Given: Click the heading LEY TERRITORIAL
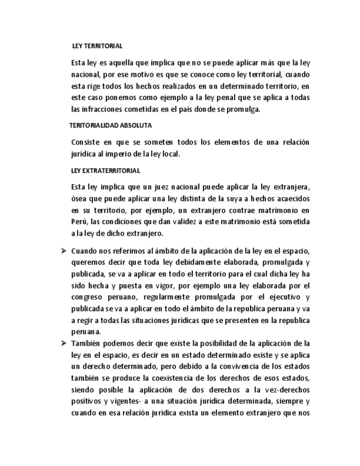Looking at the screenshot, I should [97, 46].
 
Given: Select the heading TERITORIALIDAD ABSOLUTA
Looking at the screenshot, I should [110, 126].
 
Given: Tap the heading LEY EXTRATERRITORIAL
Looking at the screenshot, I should [106, 171].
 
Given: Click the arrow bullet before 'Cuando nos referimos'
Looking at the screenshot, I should [63, 251].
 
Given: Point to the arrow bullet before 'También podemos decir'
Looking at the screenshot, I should [63, 343].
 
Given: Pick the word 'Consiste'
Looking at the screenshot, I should [86, 142].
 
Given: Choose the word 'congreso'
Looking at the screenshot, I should [87, 297].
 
